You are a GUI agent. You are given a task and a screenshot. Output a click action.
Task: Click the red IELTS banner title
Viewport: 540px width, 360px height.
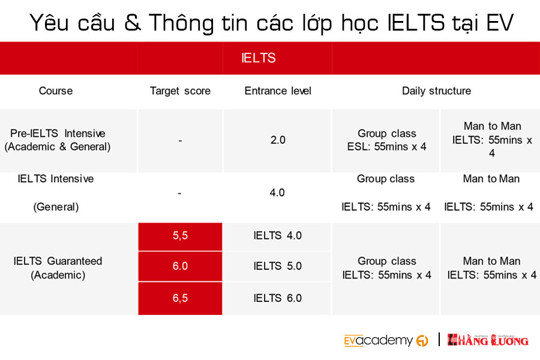(258, 58)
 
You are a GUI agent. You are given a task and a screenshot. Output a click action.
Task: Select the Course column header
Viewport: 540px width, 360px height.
(56, 91)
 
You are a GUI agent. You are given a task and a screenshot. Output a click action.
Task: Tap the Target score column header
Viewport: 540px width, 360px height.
(180, 91)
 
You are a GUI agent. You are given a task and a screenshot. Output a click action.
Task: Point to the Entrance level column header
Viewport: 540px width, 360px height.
(278, 91)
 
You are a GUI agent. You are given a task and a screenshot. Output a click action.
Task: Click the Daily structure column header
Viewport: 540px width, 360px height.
(436, 91)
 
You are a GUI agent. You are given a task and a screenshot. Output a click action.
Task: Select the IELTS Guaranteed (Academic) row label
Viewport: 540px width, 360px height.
(58, 268)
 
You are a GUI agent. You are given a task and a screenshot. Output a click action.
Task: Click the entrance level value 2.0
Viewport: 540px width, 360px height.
(278, 140)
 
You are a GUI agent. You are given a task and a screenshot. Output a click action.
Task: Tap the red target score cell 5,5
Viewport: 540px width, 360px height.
(180, 236)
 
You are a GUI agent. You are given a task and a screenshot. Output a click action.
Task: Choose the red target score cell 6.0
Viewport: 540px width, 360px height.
(180, 266)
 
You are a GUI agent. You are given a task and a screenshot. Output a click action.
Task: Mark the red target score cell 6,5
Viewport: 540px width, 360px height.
(180, 298)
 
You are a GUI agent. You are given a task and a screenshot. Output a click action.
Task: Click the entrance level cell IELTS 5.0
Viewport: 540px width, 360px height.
(278, 266)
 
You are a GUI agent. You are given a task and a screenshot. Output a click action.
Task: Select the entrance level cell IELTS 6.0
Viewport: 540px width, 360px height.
(278, 298)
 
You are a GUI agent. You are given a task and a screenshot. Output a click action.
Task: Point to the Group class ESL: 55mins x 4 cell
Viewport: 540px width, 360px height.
(387, 140)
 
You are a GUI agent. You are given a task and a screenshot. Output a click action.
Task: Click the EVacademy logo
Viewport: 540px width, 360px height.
(386, 340)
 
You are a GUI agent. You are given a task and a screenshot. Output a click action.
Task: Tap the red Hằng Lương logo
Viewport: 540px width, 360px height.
(488, 340)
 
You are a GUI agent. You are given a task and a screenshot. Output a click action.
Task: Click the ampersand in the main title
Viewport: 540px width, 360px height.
(133, 23)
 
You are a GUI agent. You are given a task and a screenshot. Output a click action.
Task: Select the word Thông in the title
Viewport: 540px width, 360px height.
(181, 23)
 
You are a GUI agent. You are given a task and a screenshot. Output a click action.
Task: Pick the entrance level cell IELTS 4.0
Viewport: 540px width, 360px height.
(278, 236)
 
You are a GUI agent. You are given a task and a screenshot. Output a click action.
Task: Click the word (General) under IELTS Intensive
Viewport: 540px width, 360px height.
(56, 207)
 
